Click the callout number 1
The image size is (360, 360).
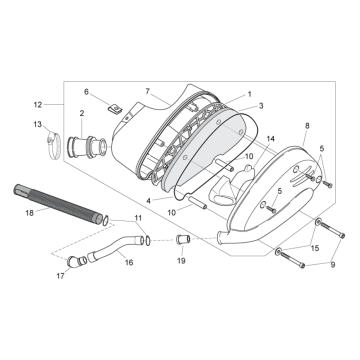[249, 93]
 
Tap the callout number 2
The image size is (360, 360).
[81, 115]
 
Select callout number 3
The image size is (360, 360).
[260, 105]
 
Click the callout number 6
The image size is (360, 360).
[114, 92]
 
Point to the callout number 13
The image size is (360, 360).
[38, 125]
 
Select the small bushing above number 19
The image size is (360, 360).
[182, 241]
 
